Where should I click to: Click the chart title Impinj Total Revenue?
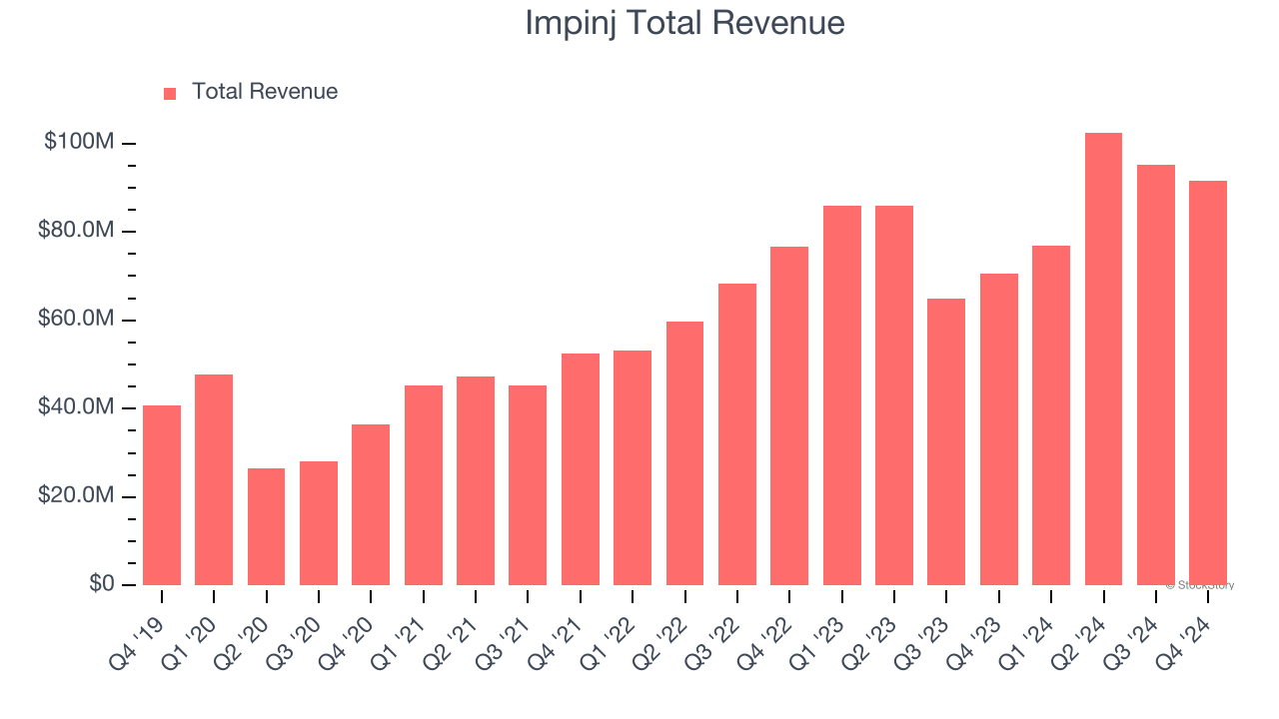684,23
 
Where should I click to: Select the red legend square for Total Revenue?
170,93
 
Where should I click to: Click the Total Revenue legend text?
265,92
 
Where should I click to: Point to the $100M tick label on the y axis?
79,143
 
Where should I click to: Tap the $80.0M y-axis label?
76,231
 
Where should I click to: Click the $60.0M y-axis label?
76,320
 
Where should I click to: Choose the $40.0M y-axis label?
76,407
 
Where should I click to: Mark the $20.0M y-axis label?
76,496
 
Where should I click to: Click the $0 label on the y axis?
101,583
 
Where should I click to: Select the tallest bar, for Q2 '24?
1103,359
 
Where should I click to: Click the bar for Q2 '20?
266,526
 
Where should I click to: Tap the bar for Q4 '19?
162,494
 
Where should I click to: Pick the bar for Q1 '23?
841,394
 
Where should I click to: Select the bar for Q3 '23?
946,441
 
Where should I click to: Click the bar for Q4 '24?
1208,382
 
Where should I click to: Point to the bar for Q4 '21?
581,469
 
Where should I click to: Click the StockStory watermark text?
1200,585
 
